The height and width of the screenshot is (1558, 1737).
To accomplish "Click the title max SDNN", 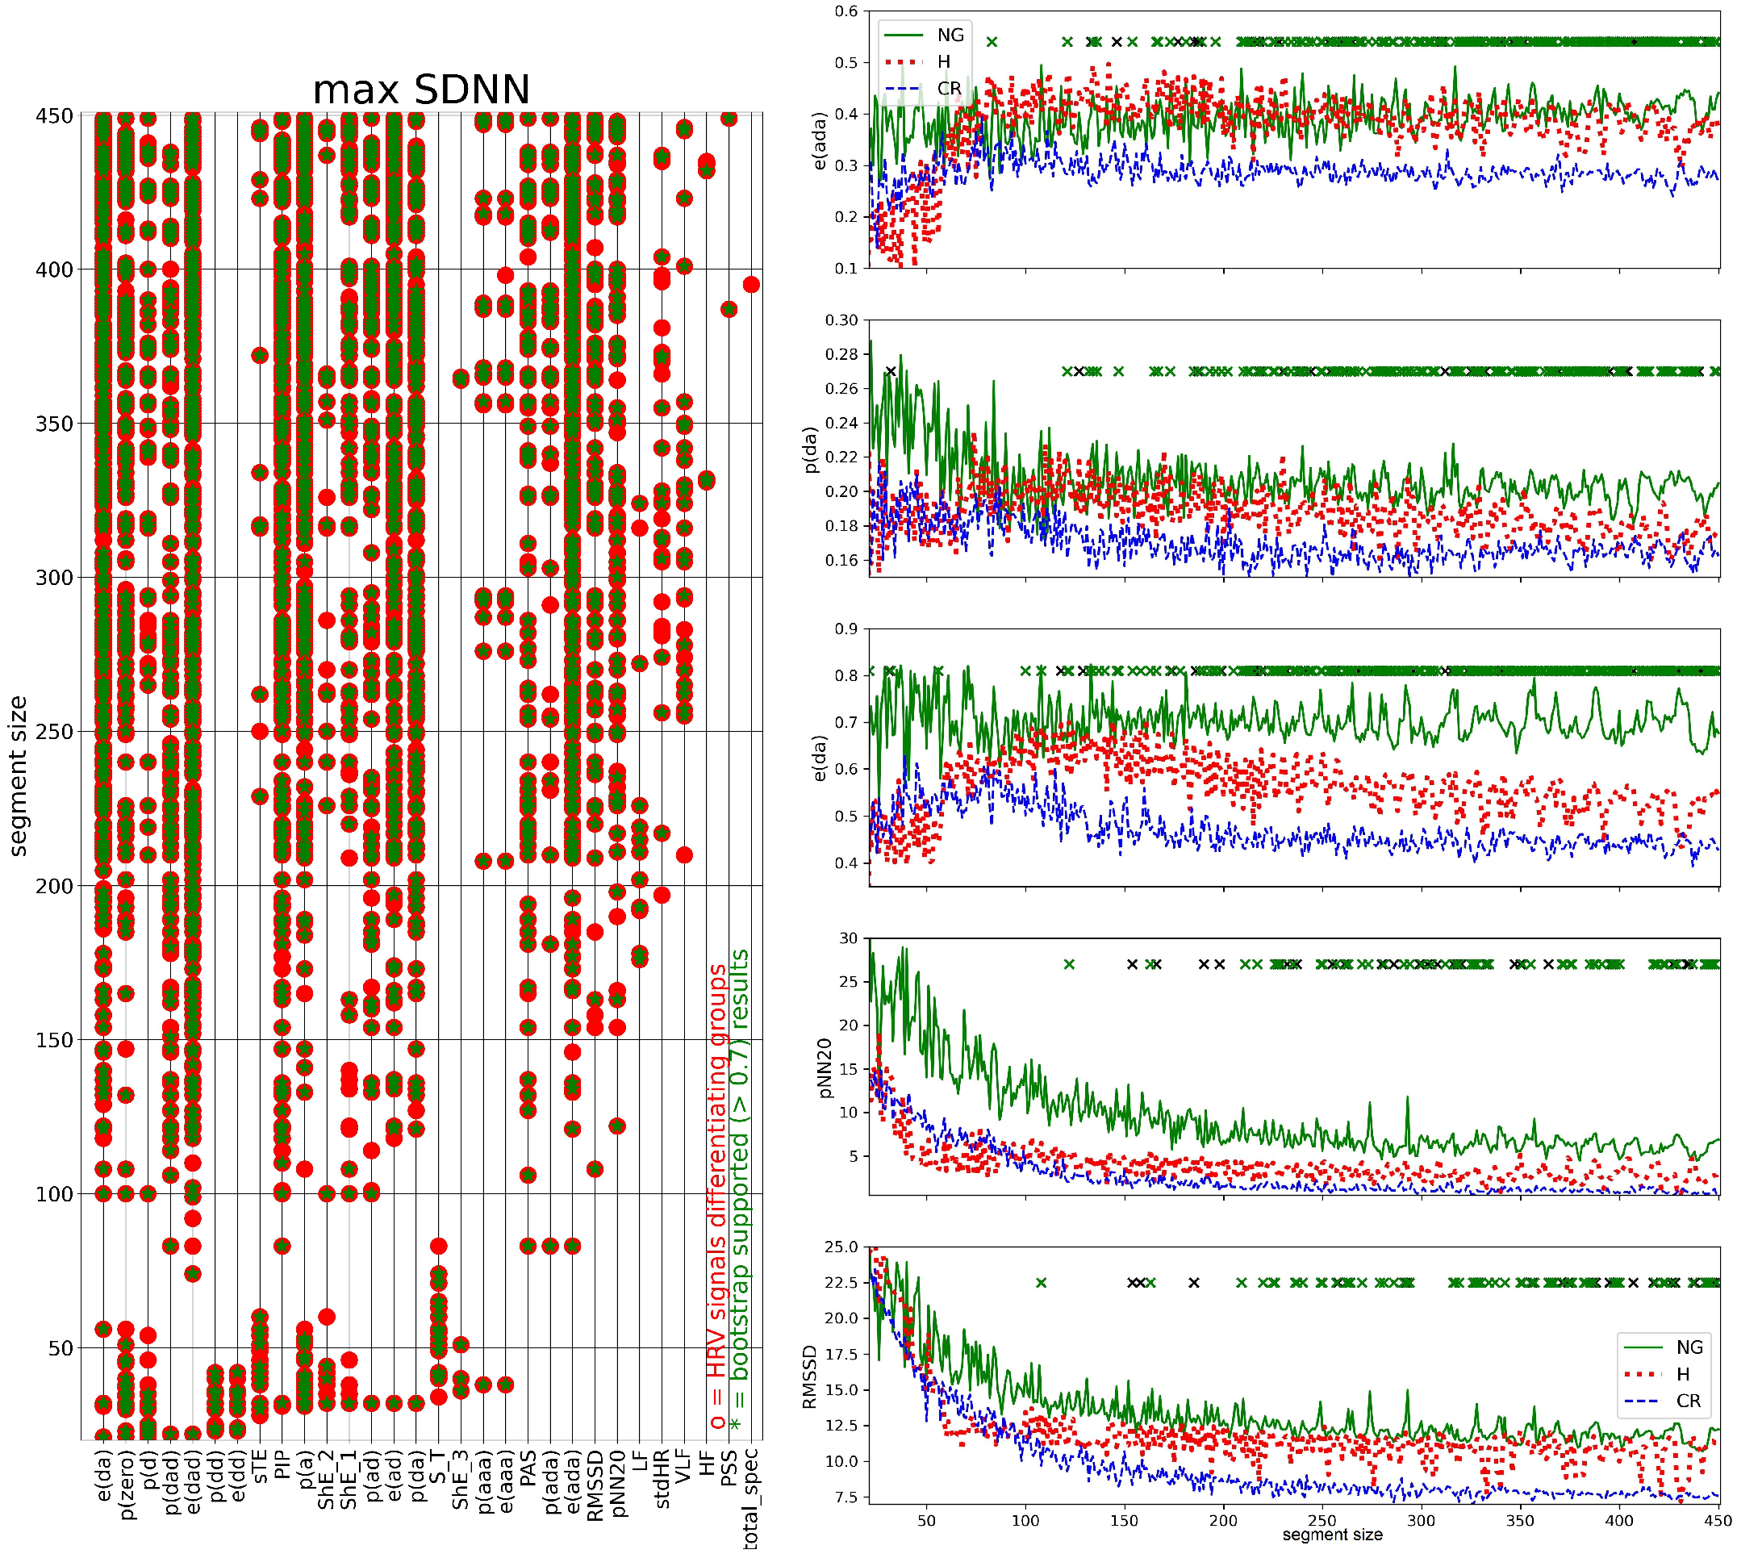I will coord(420,90).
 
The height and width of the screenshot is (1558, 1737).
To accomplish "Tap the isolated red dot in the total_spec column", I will coord(751,284).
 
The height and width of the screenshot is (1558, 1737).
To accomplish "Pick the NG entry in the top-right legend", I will coord(950,36).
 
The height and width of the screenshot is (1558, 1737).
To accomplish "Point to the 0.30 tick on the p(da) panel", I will coord(841,320).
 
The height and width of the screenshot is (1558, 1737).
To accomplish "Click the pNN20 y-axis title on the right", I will coord(825,1067).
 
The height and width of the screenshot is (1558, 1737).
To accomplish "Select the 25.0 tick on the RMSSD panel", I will coord(841,1247).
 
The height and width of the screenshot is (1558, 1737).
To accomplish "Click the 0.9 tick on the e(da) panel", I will coord(846,629).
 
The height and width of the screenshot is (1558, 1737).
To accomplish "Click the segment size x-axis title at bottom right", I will coord(1332,1535).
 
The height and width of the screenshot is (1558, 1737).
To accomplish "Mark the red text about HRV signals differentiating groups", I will coord(717,1198).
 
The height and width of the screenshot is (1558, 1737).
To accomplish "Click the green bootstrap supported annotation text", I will coord(740,1181).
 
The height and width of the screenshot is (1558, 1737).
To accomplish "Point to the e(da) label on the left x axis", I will coord(103,1473).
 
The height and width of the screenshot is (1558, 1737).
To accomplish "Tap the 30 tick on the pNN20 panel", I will coord(848,938).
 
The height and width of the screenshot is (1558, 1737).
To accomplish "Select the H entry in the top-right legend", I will coord(943,61).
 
